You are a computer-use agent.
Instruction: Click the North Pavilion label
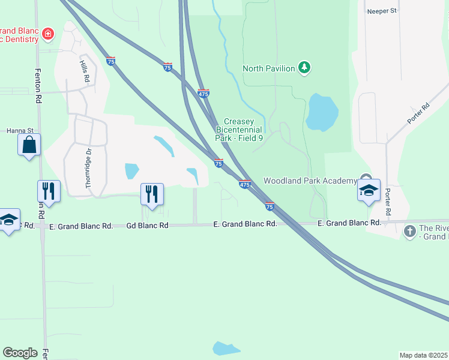pyautogui.click(x=268, y=68)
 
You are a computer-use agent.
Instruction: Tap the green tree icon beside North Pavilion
pyautogui.click(x=305, y=67)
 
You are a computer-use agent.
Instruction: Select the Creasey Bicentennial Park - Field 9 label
pyautogui.click(x=240, y=130)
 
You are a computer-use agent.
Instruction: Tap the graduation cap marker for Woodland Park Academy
pyautogui.click(x=369, y=191)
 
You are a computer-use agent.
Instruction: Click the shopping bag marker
pyautogui.click(x=29, y=145)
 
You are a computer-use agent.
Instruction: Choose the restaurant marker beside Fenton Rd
pyautogui.click(x=49, y=191)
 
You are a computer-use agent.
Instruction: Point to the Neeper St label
pyautogui.click(x=382, y=11)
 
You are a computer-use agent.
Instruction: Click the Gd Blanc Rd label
pyautogui.click(x=147, y=226)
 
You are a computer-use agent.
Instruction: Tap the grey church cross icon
pyautogui.click(x=410, y=231)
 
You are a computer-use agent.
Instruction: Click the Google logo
pyautogui.click(x=20, y=352)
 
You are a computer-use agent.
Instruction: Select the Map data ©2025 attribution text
pyautogui.click(x=423, y=355)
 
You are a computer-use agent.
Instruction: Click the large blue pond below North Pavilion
pyautogui.click(x=322, y=112)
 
